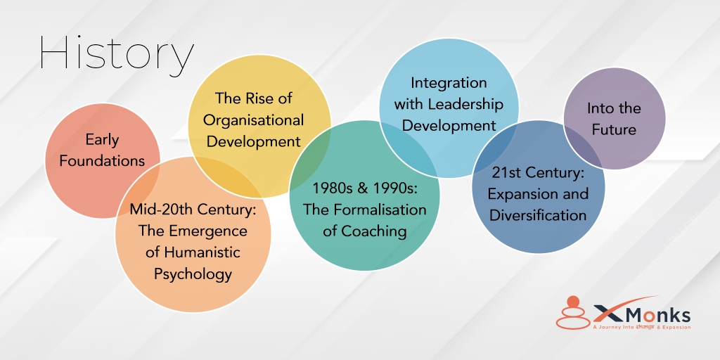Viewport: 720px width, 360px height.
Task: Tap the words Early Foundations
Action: pos(102,150)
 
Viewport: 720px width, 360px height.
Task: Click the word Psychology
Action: pos(193,274)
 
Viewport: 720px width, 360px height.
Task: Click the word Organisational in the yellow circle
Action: pos(254,120)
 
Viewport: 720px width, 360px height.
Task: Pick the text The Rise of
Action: pos(254,98)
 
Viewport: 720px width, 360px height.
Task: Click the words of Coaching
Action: pos(364,231)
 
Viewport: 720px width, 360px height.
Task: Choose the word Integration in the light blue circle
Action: pos(449,82)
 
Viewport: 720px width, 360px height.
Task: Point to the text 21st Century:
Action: pos(538,172)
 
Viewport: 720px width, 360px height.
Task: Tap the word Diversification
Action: pos(538,215)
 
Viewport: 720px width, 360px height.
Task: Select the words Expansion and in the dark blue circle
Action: pos(538,193)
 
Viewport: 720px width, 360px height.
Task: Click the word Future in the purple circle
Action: pos(614,129)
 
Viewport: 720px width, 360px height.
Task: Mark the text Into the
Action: pos(614,108)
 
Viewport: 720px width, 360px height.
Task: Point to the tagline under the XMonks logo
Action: pos(641,327)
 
